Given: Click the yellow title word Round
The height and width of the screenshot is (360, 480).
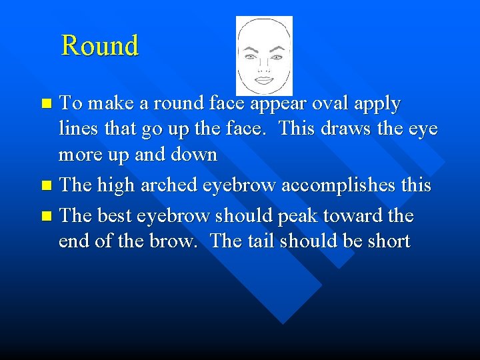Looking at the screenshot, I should tap(99, 45).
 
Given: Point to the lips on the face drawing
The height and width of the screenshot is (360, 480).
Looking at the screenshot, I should tap(264, 79).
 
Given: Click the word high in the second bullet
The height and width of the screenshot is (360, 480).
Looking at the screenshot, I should tap(119, 185).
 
